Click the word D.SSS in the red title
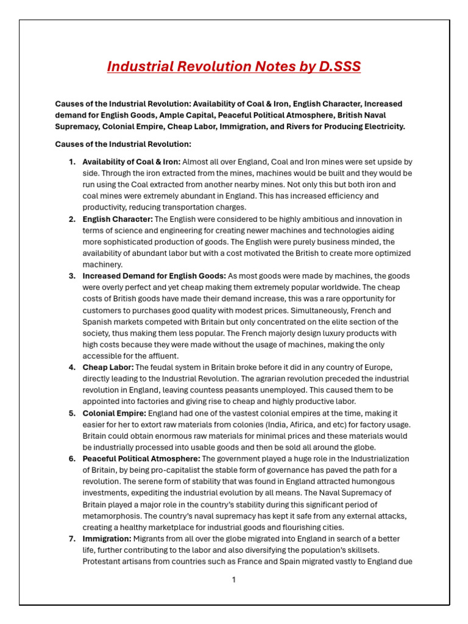[339, 66]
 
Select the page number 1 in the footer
[233, 580]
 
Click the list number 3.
[72, 276]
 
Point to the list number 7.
[72, 539]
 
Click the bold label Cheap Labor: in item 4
[108, 367]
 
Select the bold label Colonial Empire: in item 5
[114, 413]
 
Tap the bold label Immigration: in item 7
[107, 539]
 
